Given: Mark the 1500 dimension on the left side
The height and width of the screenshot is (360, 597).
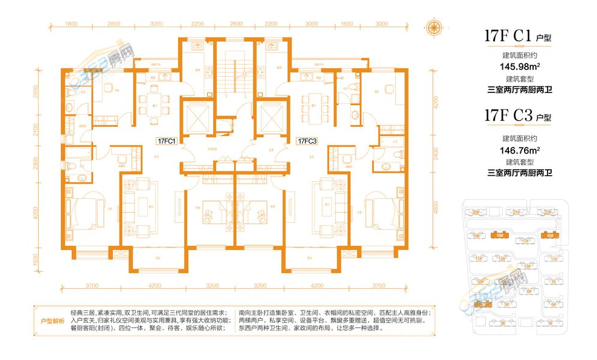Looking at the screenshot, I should point(36,259).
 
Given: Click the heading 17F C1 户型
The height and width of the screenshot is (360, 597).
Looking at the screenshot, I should point(518,36).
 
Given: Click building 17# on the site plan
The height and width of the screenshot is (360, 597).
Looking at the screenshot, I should point(524,242).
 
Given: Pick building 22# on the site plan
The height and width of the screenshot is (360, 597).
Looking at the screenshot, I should point(547,213).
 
